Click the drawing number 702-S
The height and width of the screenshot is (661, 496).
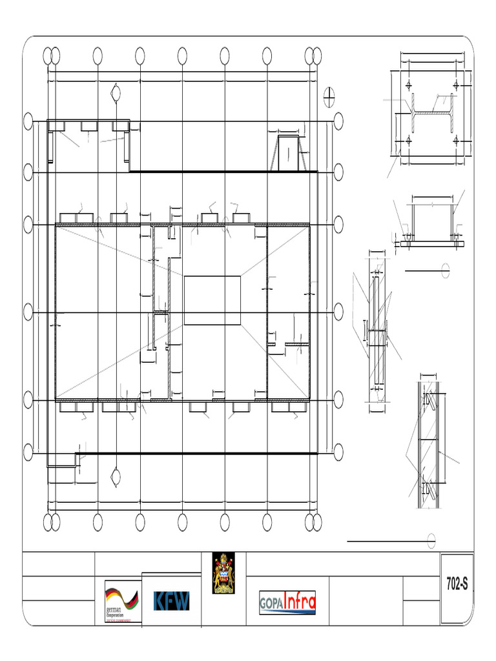click(456, 584)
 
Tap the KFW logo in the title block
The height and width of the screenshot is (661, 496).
click(171, 601)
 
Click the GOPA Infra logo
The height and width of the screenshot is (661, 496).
click(287, 602)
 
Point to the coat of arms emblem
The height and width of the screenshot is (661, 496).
click(224, 573)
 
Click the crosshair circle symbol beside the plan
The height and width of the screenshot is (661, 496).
click(329, 97)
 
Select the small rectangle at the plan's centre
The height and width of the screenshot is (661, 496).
click(212, 300)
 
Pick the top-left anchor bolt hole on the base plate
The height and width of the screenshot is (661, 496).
click(409, 85)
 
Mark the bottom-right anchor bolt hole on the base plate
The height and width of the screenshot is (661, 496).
click(456, 140)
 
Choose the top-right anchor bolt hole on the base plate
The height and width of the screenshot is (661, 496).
click(456, 85)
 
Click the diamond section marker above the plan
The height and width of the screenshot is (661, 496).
click(116, 94)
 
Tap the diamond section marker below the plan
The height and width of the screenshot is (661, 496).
click(116, 477)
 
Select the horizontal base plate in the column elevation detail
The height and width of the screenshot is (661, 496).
click(431, 245)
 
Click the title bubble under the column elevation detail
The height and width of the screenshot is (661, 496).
click(445, 270)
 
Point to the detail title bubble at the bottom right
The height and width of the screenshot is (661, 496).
click(431, 540)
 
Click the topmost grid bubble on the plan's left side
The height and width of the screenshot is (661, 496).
click(28, 121)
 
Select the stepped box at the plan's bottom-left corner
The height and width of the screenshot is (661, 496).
click(63, 467)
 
